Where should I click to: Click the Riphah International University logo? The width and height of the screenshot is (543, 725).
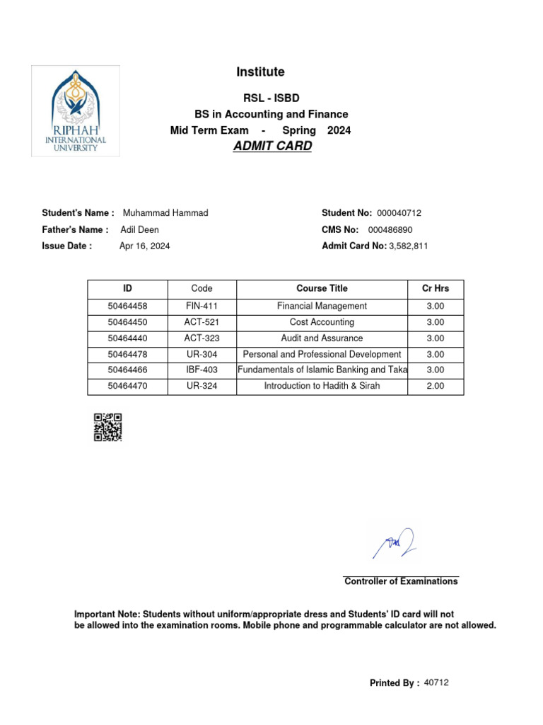tap(76, 110)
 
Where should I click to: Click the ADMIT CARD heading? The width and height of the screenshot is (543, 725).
tap(271, 147)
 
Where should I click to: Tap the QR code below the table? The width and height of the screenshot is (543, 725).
tap(107, 427)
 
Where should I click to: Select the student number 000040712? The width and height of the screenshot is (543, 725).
tap(399, 213)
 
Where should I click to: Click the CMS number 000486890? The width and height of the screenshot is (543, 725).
tap(390, 230)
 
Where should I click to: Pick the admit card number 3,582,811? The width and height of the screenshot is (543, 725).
tap(409, 246)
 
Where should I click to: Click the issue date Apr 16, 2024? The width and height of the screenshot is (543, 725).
tap(144, 246)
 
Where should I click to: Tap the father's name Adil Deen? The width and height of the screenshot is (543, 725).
tap(140, 230)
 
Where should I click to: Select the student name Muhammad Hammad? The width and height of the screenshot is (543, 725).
tap(165, 213)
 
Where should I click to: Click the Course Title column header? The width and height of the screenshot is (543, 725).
tap(322, 289)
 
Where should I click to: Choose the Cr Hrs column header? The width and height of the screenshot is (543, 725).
tap(435, 289)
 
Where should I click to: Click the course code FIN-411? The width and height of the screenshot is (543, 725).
tap(202, 307)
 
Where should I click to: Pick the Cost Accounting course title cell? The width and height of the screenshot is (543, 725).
tap(322, 322)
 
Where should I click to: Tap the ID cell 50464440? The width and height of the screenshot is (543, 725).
tap(127, 338)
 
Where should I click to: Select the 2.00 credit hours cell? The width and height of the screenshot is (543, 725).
tap(435, 387)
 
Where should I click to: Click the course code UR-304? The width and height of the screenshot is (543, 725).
tap(202, 355)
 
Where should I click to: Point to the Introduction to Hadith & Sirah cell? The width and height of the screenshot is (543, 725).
tap(322, 387)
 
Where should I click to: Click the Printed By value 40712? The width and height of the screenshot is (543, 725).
tap(436, 683)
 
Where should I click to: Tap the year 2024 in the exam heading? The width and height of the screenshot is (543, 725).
tap(339, 130)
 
